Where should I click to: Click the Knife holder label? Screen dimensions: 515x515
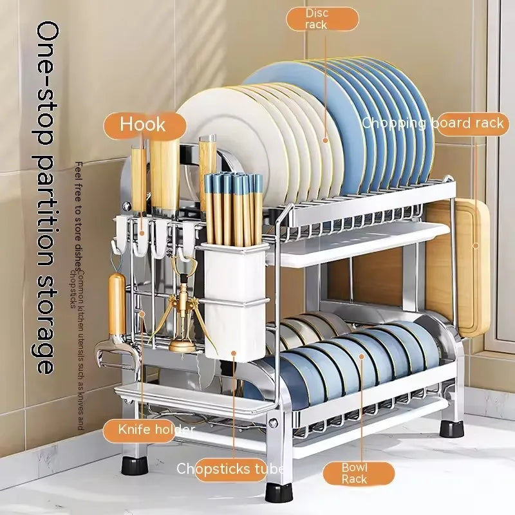pyautogui.click(x=156, y=429)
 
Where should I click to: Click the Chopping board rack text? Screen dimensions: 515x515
pyautogui.click(x=433, y=123)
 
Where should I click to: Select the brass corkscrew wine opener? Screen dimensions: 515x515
pyautogui.click(x=182, y=315)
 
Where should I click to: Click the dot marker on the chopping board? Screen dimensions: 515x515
pyautogui.click(x=476, y=245)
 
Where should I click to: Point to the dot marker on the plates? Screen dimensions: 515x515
pyautogui.click(x=326, y=139)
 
